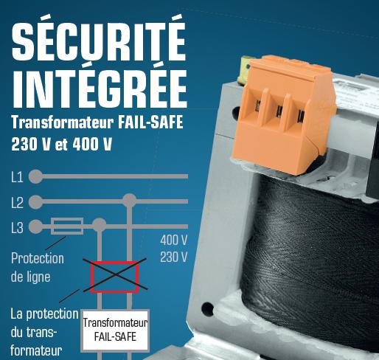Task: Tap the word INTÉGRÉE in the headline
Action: point(100,86)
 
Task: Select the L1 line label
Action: point(17,177)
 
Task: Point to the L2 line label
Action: point(17,201)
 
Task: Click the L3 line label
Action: point(17,227)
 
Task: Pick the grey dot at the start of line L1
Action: point(35,176)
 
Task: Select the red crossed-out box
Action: point(114,276)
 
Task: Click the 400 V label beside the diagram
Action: point(174,240)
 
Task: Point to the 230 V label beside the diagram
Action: point(174,257)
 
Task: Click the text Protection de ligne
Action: point(38,268)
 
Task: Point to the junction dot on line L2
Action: point(130,201)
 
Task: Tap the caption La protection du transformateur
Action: point(44,330)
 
